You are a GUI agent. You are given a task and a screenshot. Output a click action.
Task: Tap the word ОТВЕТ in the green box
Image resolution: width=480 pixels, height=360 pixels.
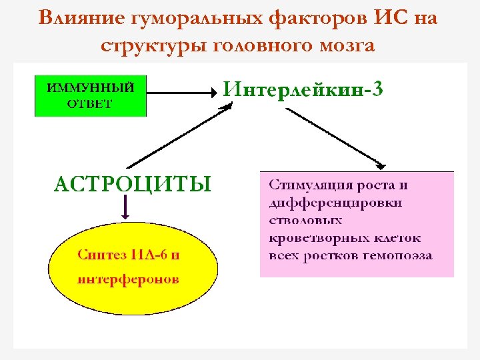pos(90,104)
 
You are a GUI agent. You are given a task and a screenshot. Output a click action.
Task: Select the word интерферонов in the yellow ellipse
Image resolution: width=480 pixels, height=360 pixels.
pos(129,279)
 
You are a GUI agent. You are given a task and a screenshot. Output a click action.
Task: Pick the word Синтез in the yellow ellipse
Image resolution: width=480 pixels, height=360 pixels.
pos(100,254)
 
